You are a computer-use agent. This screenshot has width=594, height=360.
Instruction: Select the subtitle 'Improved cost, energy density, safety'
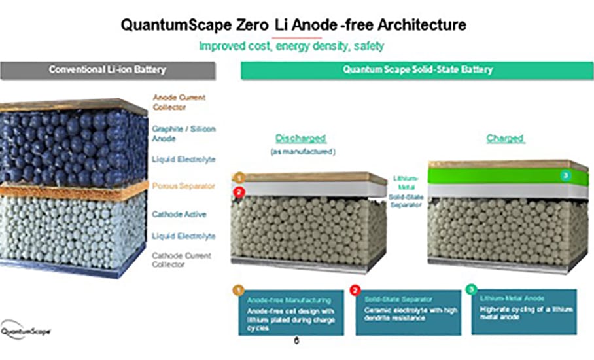tap(291, 46)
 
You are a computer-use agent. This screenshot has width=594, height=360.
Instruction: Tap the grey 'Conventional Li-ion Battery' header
tap(107, 70)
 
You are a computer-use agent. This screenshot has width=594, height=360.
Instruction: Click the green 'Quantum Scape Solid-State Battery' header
tap(418, 70)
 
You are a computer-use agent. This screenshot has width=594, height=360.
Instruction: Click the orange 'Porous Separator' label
tap(183, 186)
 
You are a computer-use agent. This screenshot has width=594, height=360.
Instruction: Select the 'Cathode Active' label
tap(179, 214)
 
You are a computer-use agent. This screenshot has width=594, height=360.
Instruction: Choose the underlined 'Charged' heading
tap(505, 139)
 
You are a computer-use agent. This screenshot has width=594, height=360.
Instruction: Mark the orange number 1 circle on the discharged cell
tap(239, 177)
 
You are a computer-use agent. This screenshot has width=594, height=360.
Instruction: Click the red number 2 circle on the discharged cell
tap(239, 192)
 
